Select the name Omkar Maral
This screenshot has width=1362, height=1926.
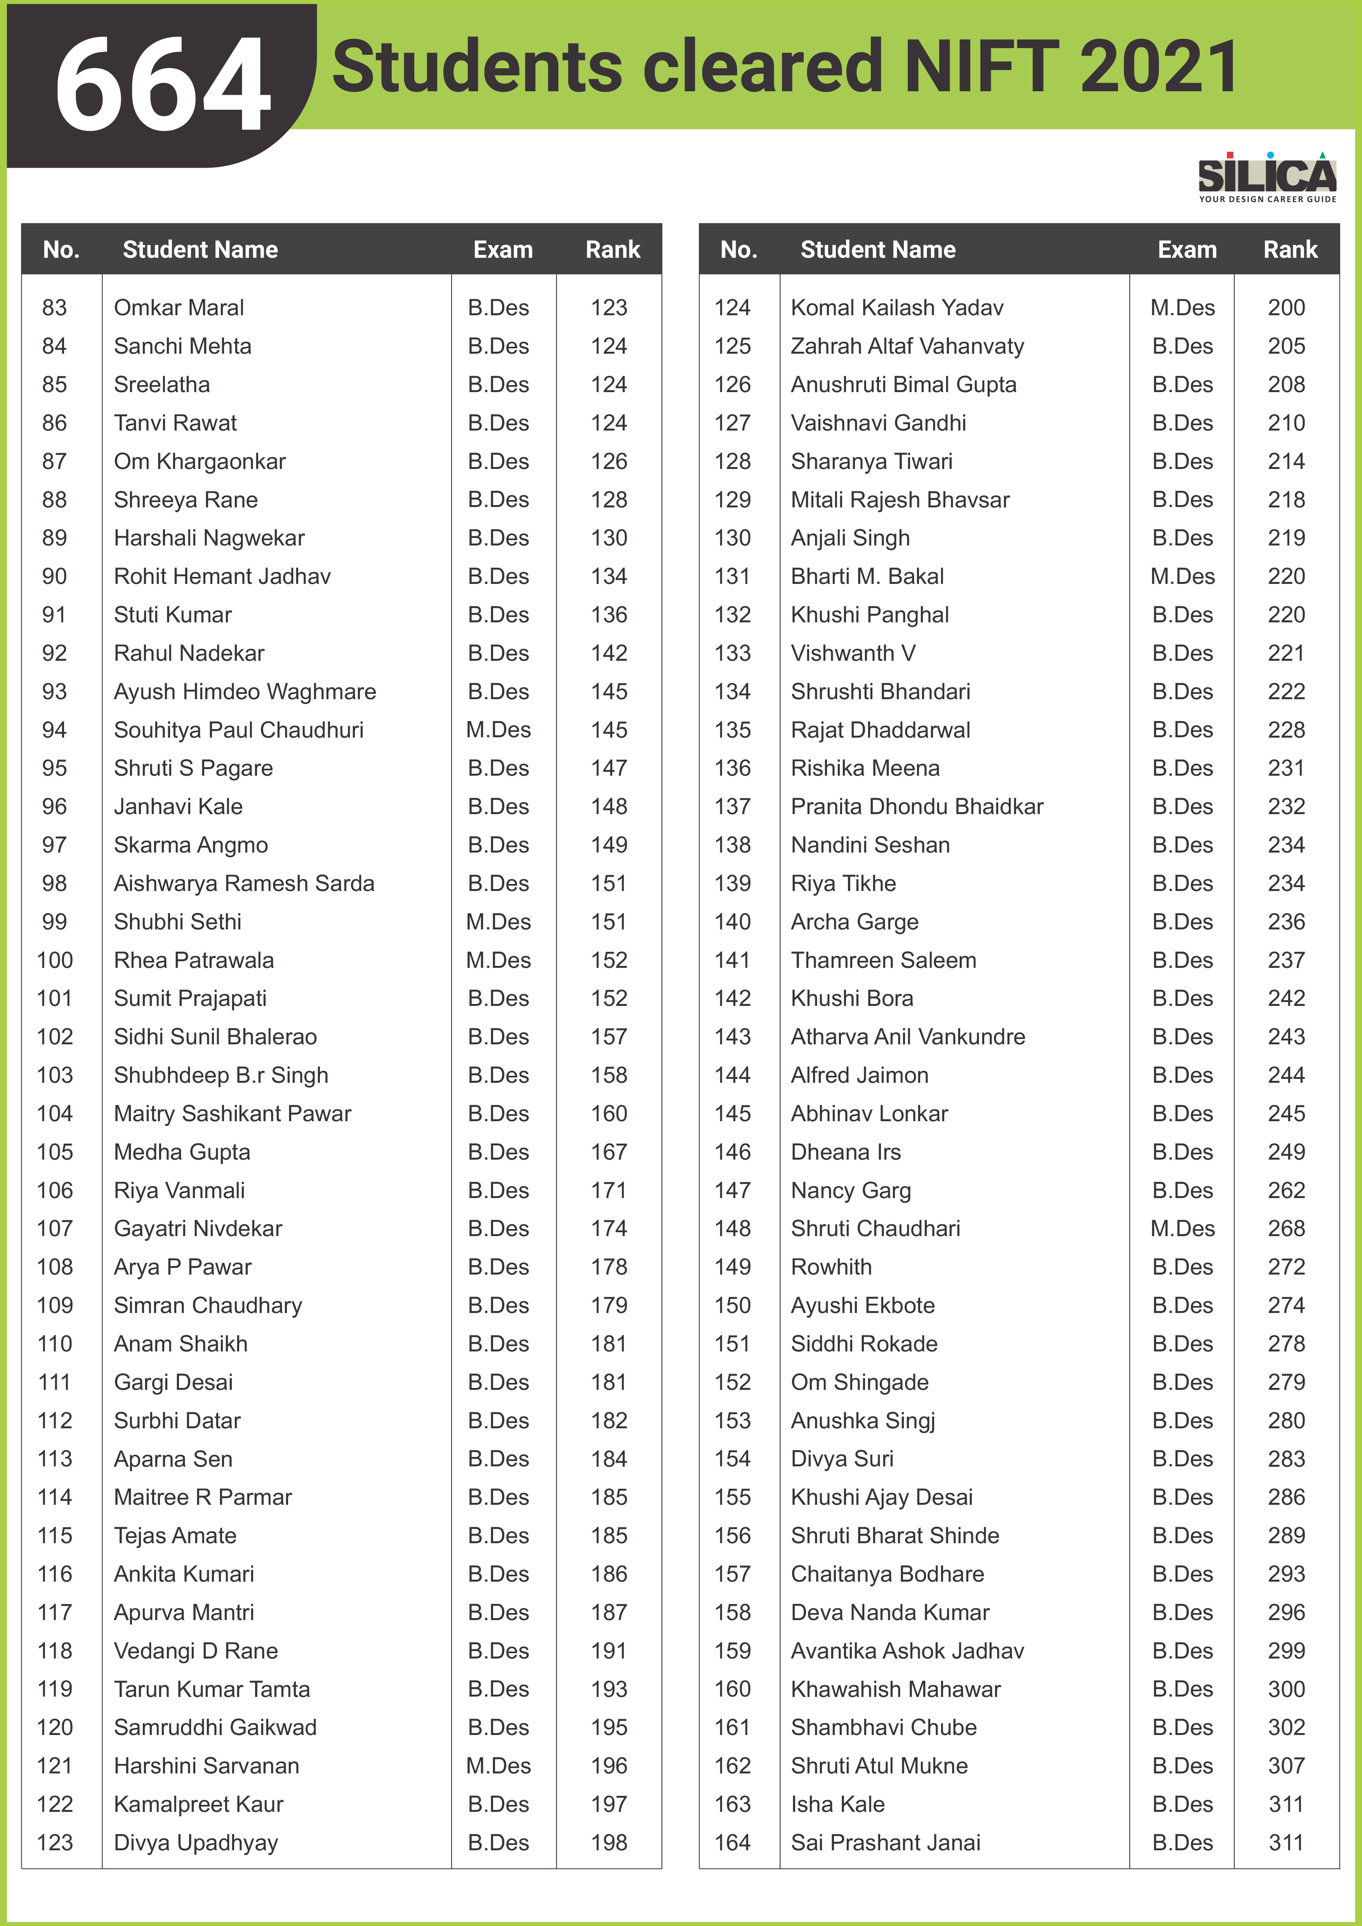tap(179, 308)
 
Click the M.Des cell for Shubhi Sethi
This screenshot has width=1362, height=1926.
tap(498, 922)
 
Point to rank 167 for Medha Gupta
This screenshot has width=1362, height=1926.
tap(609, 1152)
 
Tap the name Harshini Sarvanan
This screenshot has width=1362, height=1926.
tap(206, 1766)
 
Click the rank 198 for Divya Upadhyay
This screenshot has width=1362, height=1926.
tap(609, 1843)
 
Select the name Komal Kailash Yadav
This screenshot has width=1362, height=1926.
tap(896, 308)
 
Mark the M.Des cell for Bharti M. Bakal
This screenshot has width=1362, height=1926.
tap(1183, 576)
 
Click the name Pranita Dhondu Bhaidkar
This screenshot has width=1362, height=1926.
tap(917, 807)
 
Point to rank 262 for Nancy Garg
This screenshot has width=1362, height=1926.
tap(1286, 1190)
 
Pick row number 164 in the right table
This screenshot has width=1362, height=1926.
tap(732, 1843)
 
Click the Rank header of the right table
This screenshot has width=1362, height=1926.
tap(1290, 250)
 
